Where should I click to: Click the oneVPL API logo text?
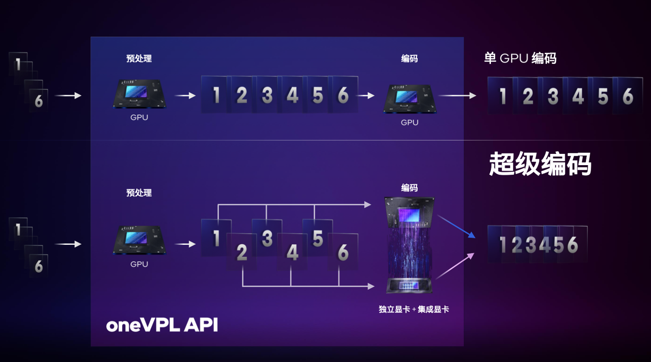pos(161,325)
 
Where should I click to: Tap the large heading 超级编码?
pos(540,164)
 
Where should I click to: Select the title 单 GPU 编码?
pos(520,58)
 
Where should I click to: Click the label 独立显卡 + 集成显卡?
pos(414,310)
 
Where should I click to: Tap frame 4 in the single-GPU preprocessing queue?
pos(292,95)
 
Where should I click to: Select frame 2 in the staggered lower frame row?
pos(242,252)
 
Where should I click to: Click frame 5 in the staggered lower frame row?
pos(318,238)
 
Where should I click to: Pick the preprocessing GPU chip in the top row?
pos(139,94)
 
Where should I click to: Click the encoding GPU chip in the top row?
pos(410,98)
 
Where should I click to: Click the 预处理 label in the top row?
pos(139,59)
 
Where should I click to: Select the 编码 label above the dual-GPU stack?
pos(409,188)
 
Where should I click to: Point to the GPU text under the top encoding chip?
pos(410,122)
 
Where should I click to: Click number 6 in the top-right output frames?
pos(627,96)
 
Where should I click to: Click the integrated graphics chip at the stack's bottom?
pos(410,286)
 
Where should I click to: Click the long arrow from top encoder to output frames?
pos(457,95)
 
